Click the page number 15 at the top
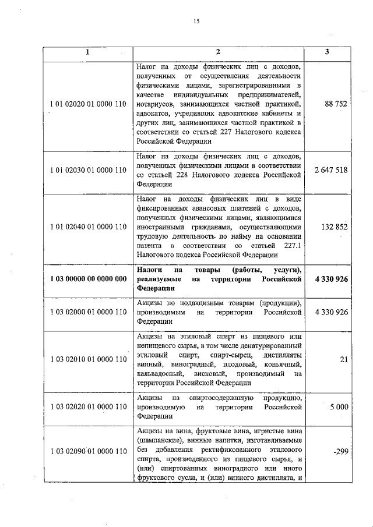[196, 22]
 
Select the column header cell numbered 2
[217, 52]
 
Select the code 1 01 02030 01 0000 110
[88, 170]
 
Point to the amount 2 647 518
[331, 170]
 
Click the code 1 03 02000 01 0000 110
[88, 313]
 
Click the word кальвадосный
[160, 373]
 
